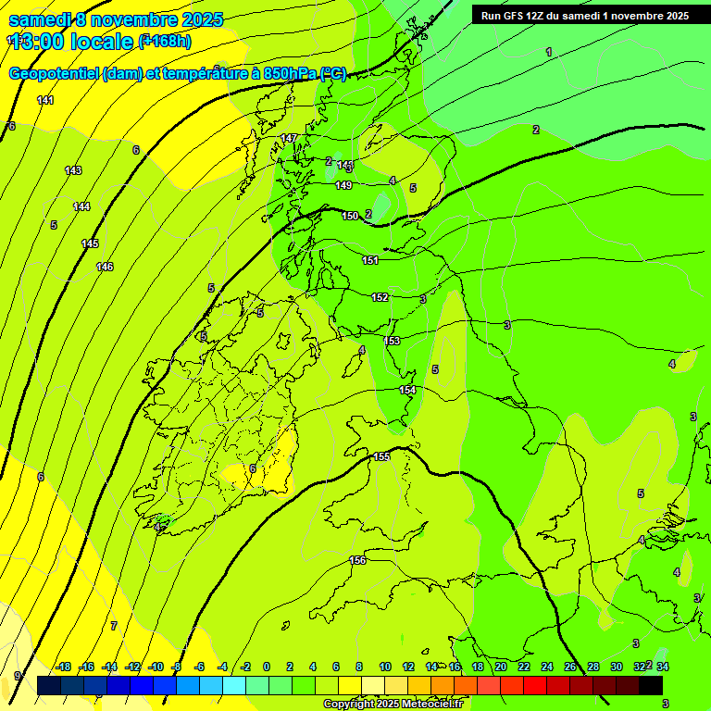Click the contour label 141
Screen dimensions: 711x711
[45, 100]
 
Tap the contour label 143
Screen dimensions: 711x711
[73, 170]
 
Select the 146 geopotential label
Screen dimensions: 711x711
[105, 267]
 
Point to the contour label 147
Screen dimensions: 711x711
[289, 138]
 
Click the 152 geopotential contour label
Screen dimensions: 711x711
[380, 297]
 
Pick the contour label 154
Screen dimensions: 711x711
[407, 390]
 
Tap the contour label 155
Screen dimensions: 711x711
[381, 457]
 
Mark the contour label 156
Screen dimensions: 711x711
[357, 560]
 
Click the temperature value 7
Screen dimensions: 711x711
[114, 626]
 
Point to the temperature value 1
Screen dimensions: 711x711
[549, 52]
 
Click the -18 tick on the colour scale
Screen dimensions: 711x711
[63, 667]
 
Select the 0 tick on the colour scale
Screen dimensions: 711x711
[267, 667]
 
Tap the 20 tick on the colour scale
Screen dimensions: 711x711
[501, 667]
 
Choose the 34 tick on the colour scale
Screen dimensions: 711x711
[663, 667]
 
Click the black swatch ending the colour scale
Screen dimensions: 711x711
[651, 685]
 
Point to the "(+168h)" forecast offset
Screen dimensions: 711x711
[165, 41]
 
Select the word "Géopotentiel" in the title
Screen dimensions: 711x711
[55, 74]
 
